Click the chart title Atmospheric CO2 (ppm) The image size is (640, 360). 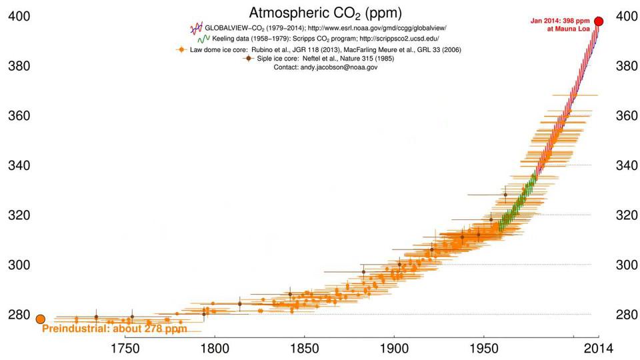click(316, 13)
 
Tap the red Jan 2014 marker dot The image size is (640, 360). click(599, 21)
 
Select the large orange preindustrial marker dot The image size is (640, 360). click(40, 319)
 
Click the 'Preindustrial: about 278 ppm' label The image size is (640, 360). click(114, 329)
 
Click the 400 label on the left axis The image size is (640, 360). click(19, 16)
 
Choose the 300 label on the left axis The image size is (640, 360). click(19, 265)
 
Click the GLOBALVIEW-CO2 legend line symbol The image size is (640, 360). click(196, 29)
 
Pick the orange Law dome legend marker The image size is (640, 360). click(180, 49)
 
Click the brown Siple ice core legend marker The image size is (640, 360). click(249, 59)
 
